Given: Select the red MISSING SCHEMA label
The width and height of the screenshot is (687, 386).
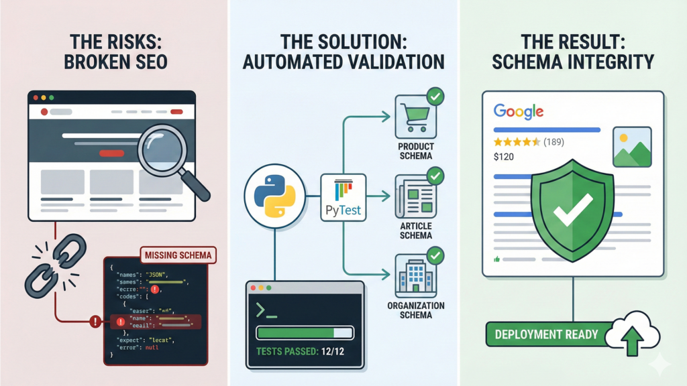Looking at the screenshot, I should click(176, 255).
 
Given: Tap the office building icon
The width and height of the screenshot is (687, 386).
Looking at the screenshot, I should click(415, 273).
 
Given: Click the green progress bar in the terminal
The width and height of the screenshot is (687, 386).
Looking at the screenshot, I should click(296, 333).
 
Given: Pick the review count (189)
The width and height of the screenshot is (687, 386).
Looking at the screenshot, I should click(553, 142).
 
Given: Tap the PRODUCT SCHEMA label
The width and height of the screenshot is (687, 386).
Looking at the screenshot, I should click(415, 151).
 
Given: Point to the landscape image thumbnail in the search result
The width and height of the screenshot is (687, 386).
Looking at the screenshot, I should click(631, 147).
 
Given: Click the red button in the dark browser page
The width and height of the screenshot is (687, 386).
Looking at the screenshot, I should click(111, 153).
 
